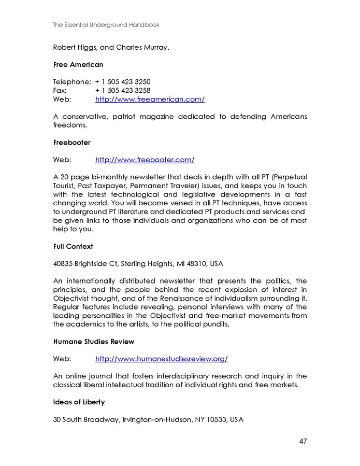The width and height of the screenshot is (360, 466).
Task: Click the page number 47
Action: click(303, 441)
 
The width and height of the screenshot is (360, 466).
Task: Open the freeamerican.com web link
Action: click(150, 99)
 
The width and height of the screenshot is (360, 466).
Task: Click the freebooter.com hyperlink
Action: click(145, 160)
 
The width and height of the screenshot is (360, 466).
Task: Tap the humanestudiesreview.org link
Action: click(161, 359)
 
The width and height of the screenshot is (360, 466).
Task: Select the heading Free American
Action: click(78, 65)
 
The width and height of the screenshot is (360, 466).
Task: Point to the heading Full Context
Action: click(73, 246)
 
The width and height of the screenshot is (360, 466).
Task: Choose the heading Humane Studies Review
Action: click(94, 342)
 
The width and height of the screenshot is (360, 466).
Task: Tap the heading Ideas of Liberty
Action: click(79, 402)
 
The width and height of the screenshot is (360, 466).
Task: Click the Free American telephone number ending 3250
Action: click(123, 82)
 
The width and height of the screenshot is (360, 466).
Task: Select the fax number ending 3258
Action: click(123, 90)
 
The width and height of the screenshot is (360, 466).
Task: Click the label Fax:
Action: click(60, 90)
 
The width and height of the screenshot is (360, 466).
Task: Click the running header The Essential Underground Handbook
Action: click(106, 24)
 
